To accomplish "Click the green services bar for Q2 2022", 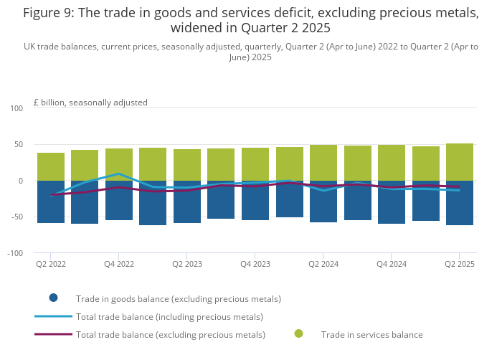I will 51,166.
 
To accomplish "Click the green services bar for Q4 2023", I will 255,164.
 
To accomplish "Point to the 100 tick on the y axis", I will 16,108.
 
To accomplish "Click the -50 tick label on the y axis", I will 16,217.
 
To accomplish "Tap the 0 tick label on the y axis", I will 21,181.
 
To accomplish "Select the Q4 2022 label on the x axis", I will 119,265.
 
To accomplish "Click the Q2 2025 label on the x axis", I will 460,265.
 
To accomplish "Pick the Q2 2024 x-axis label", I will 323,265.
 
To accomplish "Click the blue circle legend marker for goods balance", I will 53,298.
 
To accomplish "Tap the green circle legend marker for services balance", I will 298,333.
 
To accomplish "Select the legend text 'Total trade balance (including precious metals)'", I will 169,317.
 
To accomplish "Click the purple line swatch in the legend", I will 53,334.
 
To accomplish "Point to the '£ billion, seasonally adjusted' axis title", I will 90,103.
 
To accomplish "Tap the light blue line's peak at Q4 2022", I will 119,174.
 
